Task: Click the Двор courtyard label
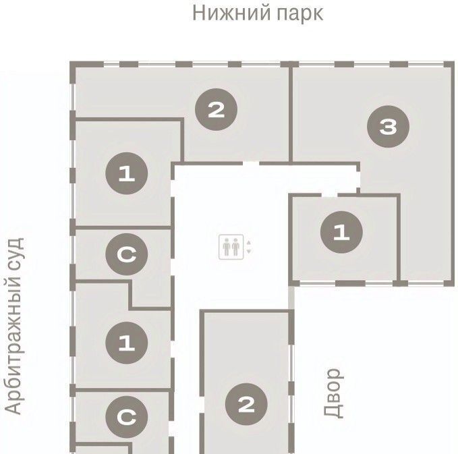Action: tap(333, 393)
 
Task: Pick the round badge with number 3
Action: tap(389, 127)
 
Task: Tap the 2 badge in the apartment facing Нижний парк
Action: tap(216, 109)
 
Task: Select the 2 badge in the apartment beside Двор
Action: tap(246, 404)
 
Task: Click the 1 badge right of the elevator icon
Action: tap(341, 232)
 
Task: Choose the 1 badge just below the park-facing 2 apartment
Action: tap(127, 173)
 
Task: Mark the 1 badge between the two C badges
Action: tap(127, 343)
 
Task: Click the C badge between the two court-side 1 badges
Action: tap(127, 254)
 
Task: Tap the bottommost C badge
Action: tap(127, 417)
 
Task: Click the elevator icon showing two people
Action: tap(231, 247)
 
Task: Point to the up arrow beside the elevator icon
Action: tap(249, 242)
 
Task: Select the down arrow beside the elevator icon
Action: tap(249, 251)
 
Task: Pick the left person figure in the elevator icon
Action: tap(227, 247)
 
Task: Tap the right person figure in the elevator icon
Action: tap(235, 247)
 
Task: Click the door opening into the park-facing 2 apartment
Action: tap(251, 163)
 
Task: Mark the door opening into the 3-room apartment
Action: tap(358, 180)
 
